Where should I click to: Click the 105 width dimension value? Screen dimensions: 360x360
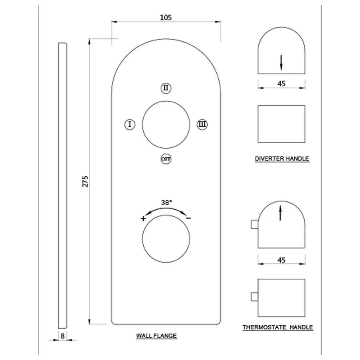click(166, 18)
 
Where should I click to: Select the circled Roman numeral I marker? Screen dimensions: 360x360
click(130, 124)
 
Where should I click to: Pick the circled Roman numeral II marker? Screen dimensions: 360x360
click(166, 88)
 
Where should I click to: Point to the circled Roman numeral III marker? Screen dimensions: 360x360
click(202, 124)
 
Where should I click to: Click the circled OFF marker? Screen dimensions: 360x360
click(166, 159)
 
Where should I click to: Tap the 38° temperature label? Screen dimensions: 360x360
click(167, 202)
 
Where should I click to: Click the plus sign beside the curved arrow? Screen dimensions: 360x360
click(143, 219)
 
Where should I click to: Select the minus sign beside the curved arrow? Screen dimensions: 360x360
click(188, 218)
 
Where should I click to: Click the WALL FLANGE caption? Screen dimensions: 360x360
click(156, 336)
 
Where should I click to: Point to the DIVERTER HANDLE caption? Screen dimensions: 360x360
click(282, 159)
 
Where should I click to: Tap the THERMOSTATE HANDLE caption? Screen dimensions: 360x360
click(278, 327)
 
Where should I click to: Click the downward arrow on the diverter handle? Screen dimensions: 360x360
click(281, 62)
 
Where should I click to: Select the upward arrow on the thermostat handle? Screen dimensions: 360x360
click(281, 213)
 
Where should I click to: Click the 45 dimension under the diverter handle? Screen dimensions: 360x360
click(282, 84)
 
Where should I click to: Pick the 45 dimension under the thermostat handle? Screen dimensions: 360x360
click(282, 260)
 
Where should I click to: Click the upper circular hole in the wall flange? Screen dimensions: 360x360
click(166, 125)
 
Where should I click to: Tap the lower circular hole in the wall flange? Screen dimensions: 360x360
click(166, 239)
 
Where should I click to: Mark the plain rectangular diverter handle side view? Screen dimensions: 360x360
click(282, 124)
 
